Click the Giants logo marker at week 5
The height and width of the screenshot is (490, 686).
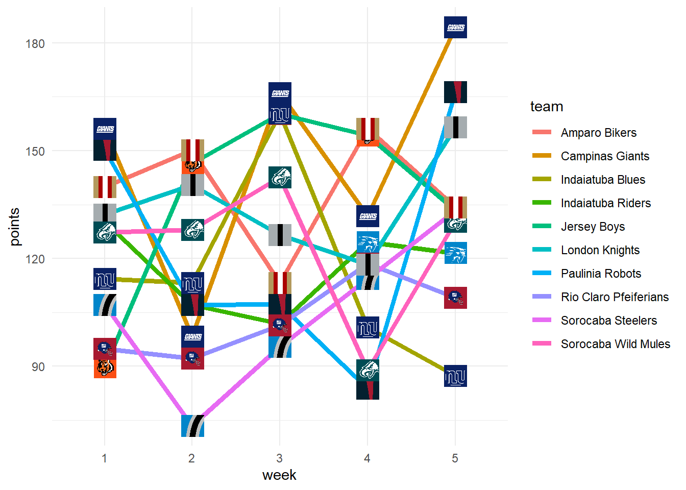click(x=455, y=27)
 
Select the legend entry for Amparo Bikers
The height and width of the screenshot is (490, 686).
click(x=598, y=133)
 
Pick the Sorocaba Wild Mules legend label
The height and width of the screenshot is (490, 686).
click(x=615, y=344)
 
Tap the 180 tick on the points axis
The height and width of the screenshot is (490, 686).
click(x=35, y=43)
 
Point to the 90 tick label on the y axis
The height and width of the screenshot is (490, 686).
click(x=38, y=366)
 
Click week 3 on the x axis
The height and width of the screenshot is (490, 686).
click(x=279, y=458)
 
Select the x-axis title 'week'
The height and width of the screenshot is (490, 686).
click(x=279, y=475)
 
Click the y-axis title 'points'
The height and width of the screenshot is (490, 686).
click(x=14, y=227)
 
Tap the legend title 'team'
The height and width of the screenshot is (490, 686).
click(x=547, y=107)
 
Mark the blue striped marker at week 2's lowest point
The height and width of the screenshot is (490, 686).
click(x=192, y=426)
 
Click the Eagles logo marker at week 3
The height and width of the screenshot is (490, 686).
click(x=280, y=177)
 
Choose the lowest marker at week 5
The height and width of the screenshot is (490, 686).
click(x=455, y=376)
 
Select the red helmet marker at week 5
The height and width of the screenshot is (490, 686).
click(x=455, y=298)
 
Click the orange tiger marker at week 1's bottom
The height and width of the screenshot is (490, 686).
click(x=105, y=368)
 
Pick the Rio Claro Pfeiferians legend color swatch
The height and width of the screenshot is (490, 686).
click(x=542, y=297)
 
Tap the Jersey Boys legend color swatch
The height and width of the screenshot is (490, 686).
click(x=542, y=227)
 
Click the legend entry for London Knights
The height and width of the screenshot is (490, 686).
click(x=600, y=250)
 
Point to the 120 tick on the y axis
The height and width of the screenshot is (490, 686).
click(x=35, y=259)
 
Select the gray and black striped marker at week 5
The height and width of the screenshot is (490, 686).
click(x=455, y=127)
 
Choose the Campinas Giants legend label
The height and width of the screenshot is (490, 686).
click(x=605, y=156)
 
